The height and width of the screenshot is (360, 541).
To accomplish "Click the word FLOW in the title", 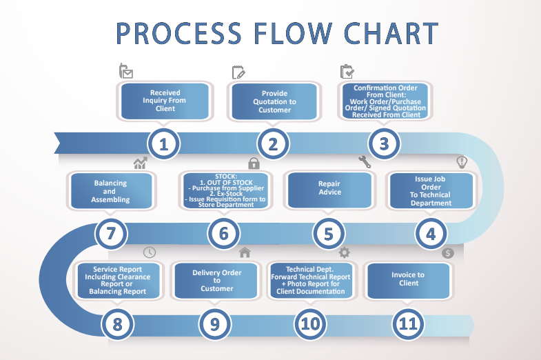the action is tap(293, 34).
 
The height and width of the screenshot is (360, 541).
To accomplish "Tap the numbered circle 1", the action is tap(163, 143).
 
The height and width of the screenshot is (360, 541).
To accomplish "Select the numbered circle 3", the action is tap(384, 143).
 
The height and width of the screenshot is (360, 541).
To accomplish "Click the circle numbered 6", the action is tap(223, 234).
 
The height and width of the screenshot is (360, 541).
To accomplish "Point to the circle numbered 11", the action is tap(408, 323).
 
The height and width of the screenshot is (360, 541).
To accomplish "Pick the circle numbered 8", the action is tap(117, 324).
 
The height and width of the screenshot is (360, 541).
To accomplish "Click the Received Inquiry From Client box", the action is tap(165, 101).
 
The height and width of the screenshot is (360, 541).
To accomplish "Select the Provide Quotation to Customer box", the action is tap(274, 101).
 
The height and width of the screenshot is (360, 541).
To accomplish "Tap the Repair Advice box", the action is tap(329, 190).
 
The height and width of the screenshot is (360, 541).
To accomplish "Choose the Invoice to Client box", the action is tap(409, 281).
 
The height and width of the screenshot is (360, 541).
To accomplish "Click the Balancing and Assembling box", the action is tap(111, 191).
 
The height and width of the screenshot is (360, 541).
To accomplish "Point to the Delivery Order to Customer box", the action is tap(216, 281).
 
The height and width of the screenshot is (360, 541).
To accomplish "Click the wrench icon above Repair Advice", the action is tap(365, 162).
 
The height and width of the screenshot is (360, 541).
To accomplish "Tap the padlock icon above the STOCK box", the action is tap(254, 163).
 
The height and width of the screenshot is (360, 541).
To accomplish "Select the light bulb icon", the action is tap(462, 162).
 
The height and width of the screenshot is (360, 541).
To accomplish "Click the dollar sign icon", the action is tap(448, 253).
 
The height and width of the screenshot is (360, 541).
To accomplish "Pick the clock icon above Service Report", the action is tap(150, 252).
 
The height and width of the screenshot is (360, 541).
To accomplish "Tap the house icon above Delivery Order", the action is tap(245, 252).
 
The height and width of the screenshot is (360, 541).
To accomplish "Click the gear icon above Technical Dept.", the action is tap(344, 252).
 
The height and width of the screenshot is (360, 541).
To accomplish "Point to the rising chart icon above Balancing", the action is tap(141, 163).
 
